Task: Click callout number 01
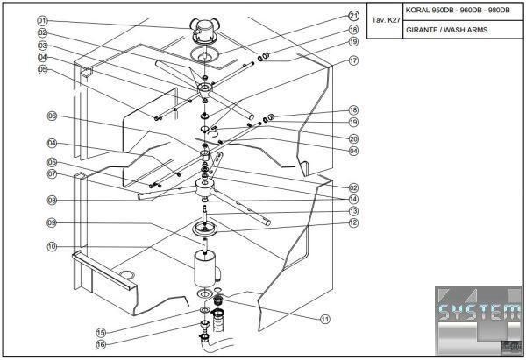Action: pyautogui.click(x=42, y=20)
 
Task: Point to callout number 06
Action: pyautogui.click(x=52, y=116)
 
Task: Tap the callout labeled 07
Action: pyautogui.click(x=52, y=173)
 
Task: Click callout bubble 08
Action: pyautogui.click(x=52, y=201)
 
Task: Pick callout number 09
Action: pyautogui.click(x=52, y=223)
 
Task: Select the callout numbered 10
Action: pyautogui.click(x=52, y=247)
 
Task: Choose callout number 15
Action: pyautogui.click(x=101, y=332)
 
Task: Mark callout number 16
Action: pyautogui.click(x=101, y=344)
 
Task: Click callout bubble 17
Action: pyautogui.click(x=353, y=61)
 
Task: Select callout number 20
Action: pyautogui.click(x=353, y=138)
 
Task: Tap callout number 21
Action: pyautogui.click(x=353, y=16)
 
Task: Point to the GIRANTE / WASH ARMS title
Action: pyautogui.click(x=447, y=30)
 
